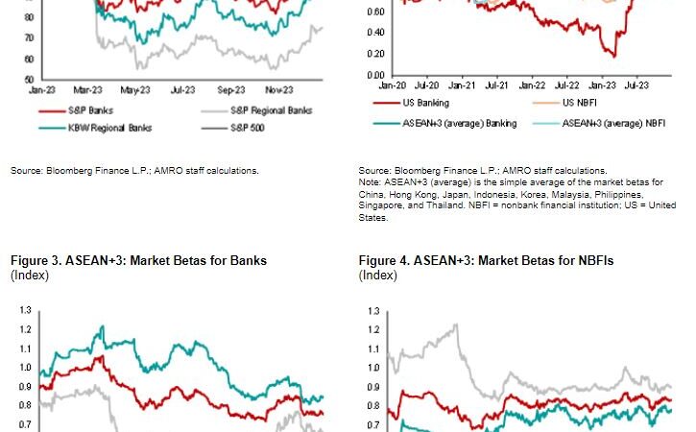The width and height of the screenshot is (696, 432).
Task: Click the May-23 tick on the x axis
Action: (137, 88)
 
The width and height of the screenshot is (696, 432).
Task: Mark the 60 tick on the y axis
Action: (30, 59)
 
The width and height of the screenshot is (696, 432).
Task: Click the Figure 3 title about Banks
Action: (138, 260)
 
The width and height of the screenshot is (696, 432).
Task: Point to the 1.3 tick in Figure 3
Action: (24, 311)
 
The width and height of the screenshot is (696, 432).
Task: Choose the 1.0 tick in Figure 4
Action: (372, 368)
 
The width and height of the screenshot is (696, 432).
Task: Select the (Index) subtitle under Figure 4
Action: (377, 276)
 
